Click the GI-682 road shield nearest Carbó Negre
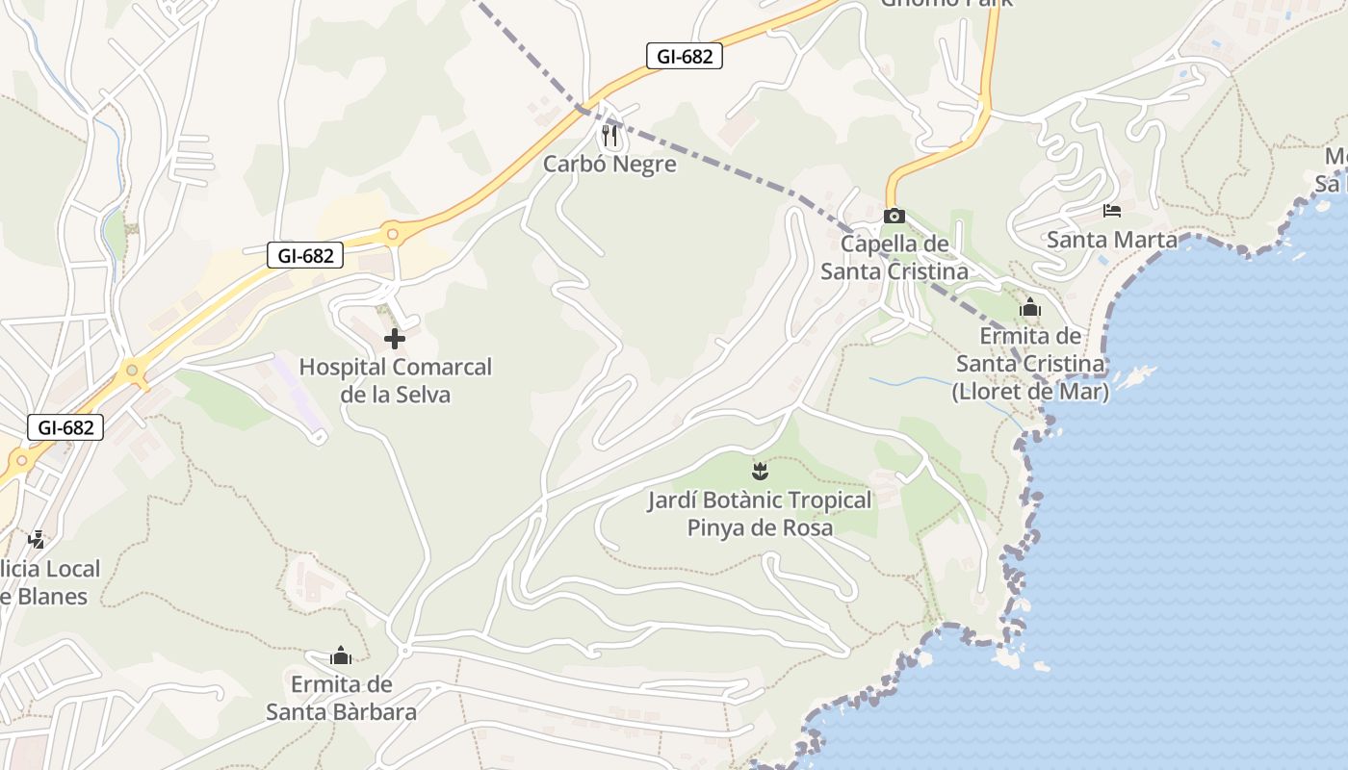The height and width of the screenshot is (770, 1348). coord(684,56)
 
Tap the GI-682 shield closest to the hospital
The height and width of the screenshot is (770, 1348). coord(305,255)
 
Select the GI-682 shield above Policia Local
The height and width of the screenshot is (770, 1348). coord(65,426)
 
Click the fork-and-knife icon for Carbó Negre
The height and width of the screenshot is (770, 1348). coord(609,136)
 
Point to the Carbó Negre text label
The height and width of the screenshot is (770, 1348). coord(609,164)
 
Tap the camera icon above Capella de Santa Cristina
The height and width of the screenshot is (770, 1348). coord(894,216)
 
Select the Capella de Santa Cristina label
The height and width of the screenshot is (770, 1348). coord(894,258)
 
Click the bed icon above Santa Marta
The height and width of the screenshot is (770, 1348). coord(1112,211)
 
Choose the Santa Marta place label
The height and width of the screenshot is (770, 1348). coord(1111,239)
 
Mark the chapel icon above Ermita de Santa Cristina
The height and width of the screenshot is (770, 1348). coord(1030,308)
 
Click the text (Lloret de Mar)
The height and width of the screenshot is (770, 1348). coord(1030,393)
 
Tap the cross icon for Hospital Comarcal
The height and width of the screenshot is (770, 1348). coord(395,339)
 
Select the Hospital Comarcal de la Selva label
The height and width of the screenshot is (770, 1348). coord(395,380)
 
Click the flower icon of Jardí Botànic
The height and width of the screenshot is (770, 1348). coord(760,472)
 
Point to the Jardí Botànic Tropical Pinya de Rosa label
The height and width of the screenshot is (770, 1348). coord(760,513)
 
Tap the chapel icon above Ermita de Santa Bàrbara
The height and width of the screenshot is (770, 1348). coord(341,656)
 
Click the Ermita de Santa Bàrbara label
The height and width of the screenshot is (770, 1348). coord(341,698)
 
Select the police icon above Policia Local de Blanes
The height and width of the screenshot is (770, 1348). coord(37,540)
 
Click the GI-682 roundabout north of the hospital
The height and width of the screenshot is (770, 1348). coord(391,233)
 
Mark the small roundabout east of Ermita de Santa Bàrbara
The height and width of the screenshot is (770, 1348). coord(404,651)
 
